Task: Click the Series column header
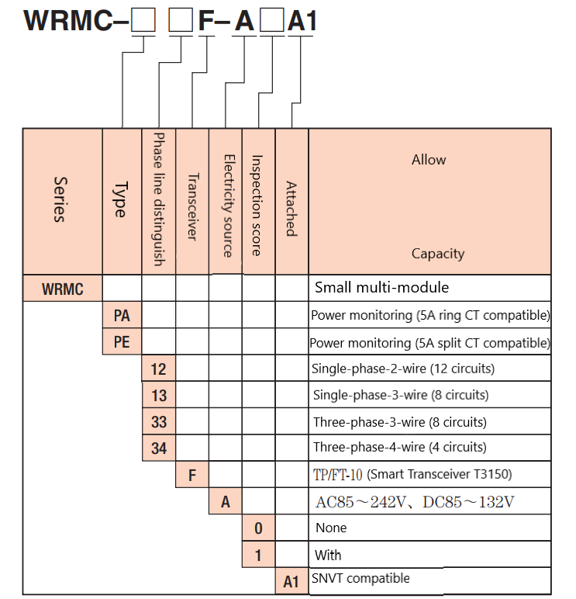click(62, 200)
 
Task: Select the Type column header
click(122, 200)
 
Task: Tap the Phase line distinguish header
click(159, 200)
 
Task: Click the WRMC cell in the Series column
click(63, 289)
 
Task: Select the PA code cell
click(122, 316)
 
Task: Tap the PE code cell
click(122, 342)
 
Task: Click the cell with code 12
click(159, 369)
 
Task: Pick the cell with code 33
click(159, 422)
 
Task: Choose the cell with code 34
click(159, 448)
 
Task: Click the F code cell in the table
click(192, 475)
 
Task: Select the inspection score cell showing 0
click(258, 528)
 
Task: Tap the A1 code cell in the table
click(291, 581)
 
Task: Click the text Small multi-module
click(381, 288)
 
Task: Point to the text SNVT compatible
click(360, 578)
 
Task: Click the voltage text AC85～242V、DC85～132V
click(415, 502)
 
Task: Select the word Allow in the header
click(429, 160)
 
